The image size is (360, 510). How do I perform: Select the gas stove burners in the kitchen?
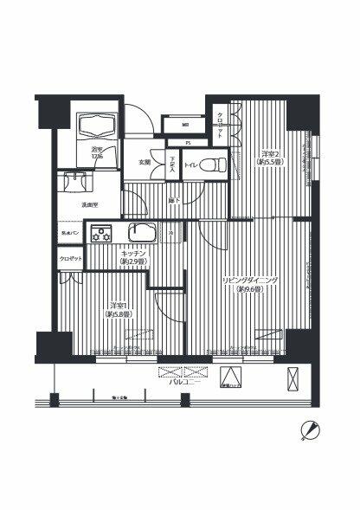coord(102,233)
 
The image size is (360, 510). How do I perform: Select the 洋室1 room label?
coord(119,308)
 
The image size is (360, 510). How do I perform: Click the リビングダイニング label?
coord(248,284)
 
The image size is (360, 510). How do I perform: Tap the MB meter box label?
coord(185,125)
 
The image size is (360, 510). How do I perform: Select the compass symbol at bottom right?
coord(311,429)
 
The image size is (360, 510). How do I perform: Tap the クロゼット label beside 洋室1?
coord(71,259)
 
